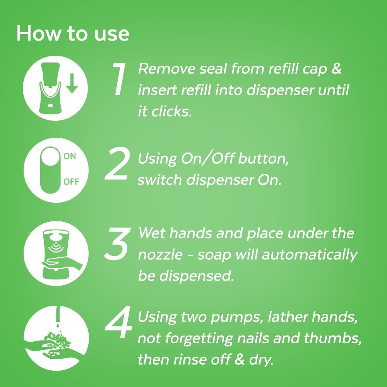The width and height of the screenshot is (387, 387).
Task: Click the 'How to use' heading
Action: [x=72, y=34]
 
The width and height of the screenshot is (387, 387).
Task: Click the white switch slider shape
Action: [x=50, y=170]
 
